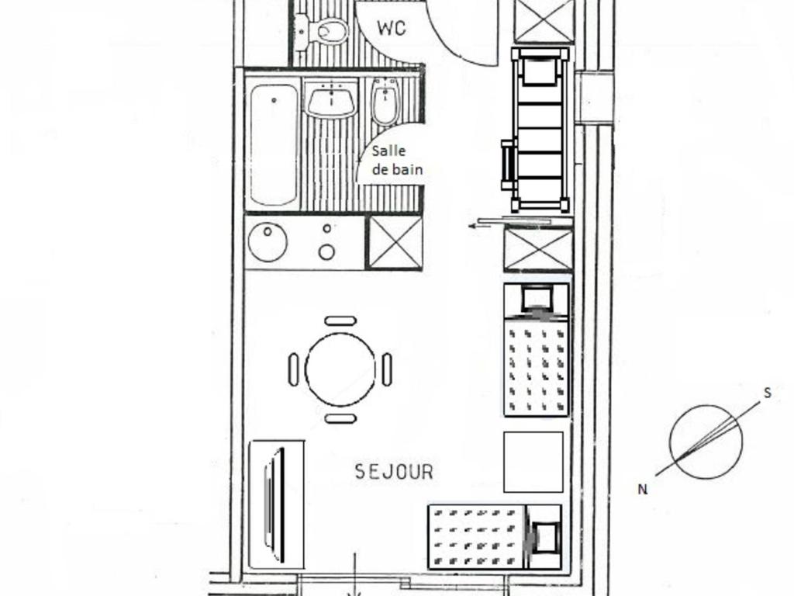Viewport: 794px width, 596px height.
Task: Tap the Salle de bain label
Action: click(x=397, y=160)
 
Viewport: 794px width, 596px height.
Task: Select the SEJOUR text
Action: click(x=394, y=472)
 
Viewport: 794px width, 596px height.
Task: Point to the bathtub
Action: click(x=274, y=145)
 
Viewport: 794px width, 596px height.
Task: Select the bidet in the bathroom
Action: click(x=386, y=102)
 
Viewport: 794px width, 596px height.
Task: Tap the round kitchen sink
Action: click(x=268, y=242)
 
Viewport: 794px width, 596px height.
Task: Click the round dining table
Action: click(x=340, y=370)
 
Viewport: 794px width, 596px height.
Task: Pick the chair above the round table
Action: click(x=340, y=321)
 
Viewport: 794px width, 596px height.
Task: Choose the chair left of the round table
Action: click(x=294, y=369)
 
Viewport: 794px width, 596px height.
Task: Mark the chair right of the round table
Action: click(x=387, y=369)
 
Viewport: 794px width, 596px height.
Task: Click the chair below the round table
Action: click(x=340, y=418)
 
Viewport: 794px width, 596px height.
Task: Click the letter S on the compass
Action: click(x=768, y=393)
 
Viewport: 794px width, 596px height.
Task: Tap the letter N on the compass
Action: click(x=643, y=490)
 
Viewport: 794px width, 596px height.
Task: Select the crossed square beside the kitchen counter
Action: click(x=394, y=242)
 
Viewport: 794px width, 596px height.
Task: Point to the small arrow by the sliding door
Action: click(x=479, y=226)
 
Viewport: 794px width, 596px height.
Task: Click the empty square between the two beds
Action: click(x=533, y=462)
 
